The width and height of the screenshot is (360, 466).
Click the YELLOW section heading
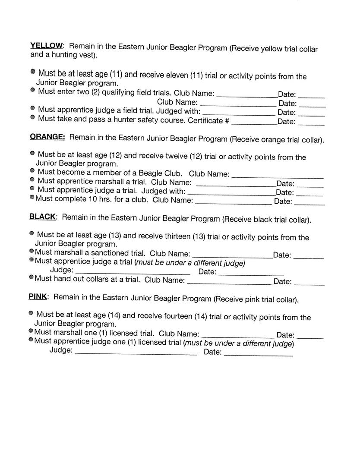47,46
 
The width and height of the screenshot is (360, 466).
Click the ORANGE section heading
47,137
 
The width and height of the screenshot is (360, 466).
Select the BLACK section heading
42,217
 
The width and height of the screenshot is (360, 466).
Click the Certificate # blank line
254,123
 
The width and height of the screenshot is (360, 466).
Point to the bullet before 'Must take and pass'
33,117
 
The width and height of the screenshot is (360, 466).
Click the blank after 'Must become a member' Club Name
277,176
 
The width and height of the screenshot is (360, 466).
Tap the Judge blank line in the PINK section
136,354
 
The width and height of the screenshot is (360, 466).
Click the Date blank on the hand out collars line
309,284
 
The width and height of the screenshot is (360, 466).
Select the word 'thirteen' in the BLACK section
179,236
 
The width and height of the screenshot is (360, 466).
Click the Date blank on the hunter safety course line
311,124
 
